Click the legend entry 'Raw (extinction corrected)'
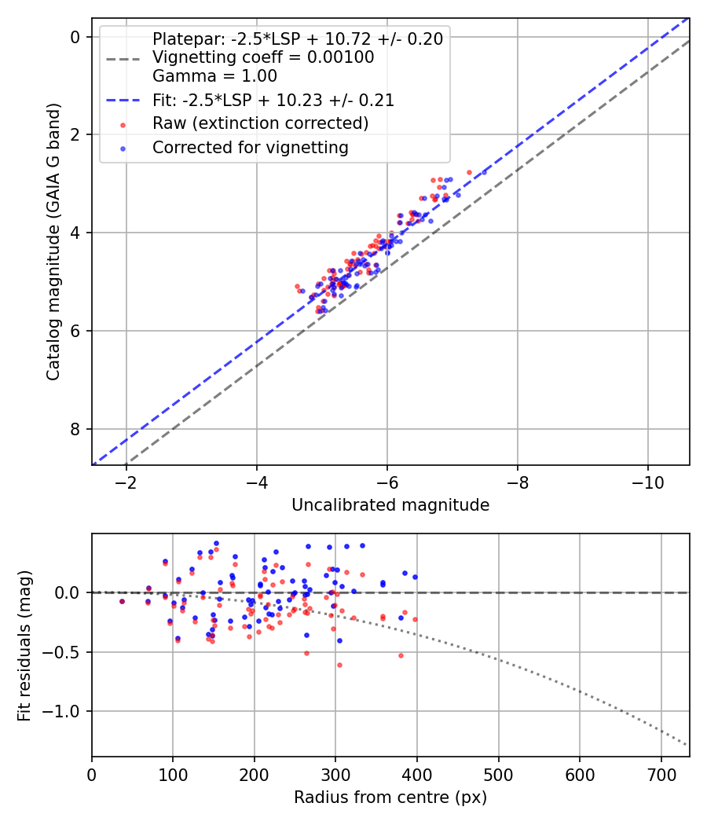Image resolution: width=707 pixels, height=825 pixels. tap(260, 123)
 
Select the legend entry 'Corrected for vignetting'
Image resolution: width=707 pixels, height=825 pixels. tap(250, 147)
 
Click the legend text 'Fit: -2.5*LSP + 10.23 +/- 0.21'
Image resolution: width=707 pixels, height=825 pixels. tap(273, 100)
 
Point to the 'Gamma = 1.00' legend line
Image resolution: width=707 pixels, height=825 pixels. tap(214, 76)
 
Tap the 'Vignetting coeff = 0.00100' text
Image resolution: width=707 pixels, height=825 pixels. tap(263, 57)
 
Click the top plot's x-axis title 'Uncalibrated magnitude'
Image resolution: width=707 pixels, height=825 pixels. tap(390, 505)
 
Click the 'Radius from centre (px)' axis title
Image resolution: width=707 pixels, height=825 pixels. tap(390, 797)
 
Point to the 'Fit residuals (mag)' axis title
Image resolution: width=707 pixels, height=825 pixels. tap(24, 645)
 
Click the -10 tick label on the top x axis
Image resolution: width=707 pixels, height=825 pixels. tap(647, 481)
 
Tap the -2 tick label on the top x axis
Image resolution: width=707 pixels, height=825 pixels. tap(126, 481)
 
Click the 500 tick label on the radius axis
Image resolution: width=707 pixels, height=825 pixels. tap(498, 773)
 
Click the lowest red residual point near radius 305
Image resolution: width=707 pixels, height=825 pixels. tap(339, 665)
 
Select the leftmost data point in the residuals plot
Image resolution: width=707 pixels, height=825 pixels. tap(122, 601)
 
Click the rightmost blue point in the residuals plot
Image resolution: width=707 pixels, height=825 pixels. tap(415, 577)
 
